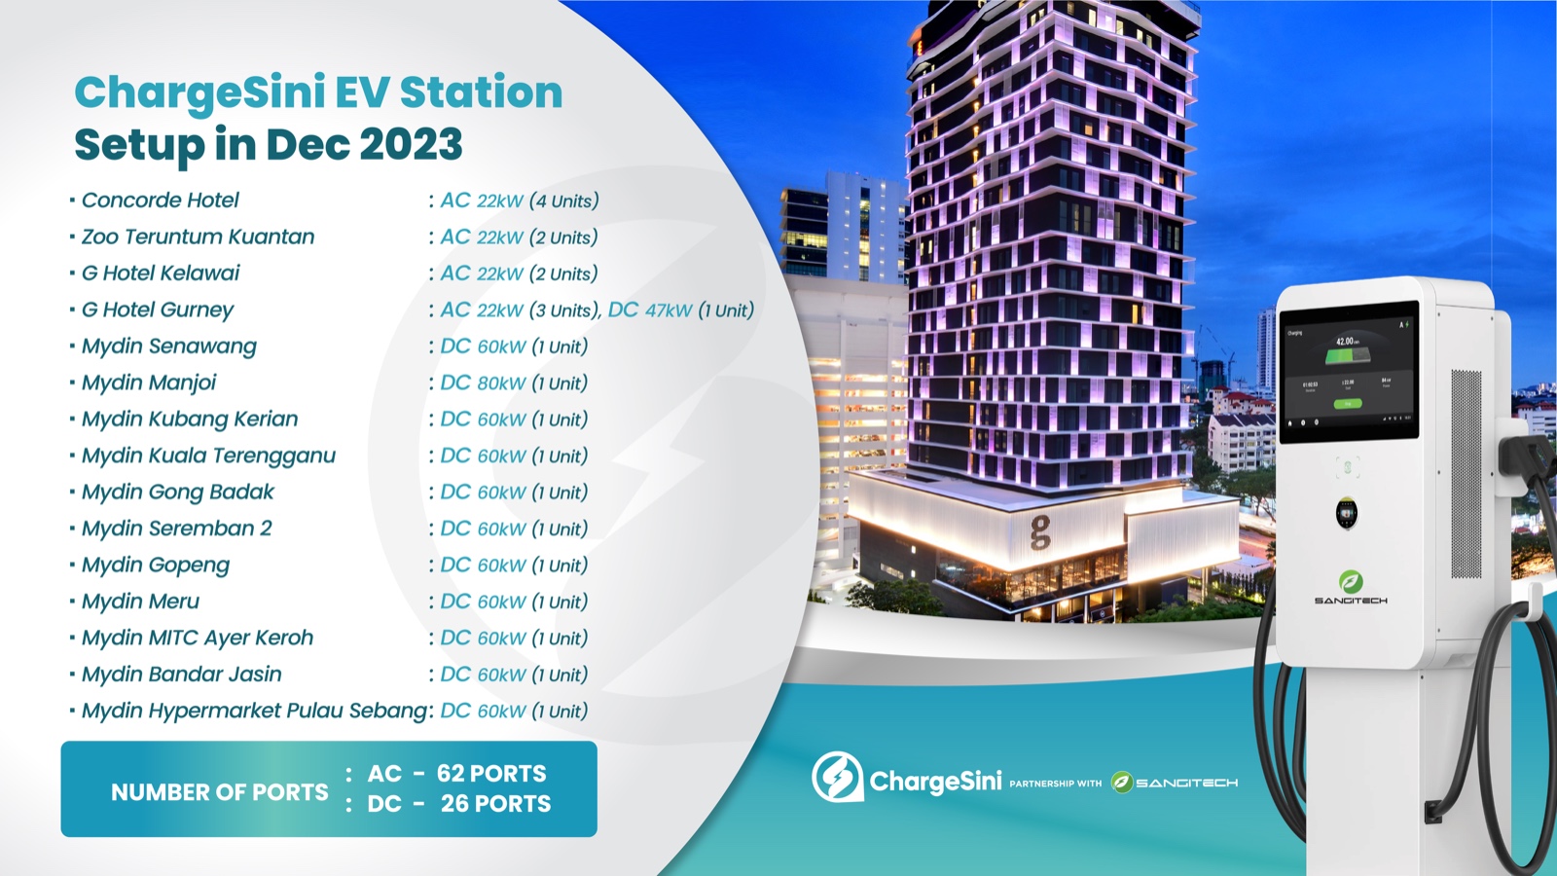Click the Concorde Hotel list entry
(x=160, y=201)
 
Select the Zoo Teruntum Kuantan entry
(x=198, y=237)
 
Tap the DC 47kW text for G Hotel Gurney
(x=650, y=310)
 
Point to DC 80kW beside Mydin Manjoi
(x=483, y=383)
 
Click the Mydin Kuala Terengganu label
(x=208, y=456)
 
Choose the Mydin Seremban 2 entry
(x=176, y=529)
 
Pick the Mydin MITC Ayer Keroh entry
(x=197, y=639)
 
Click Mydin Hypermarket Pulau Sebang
(x=254, y=712)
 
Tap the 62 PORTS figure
(x=491, y=774)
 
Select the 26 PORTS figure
(x=495, y=804)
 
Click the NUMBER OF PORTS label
(x=220, y=792)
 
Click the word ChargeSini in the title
(x=199, y=92)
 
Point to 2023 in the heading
(x=411, y=145)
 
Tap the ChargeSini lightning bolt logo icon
(x=837, y=777)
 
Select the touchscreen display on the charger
(x=1348, y=374)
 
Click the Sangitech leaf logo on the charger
(x=1351, y=581)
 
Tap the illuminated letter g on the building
(x=1040, y=532)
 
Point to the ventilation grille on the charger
(x=1466, y=473)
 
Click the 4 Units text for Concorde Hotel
(x=564, y=201)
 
